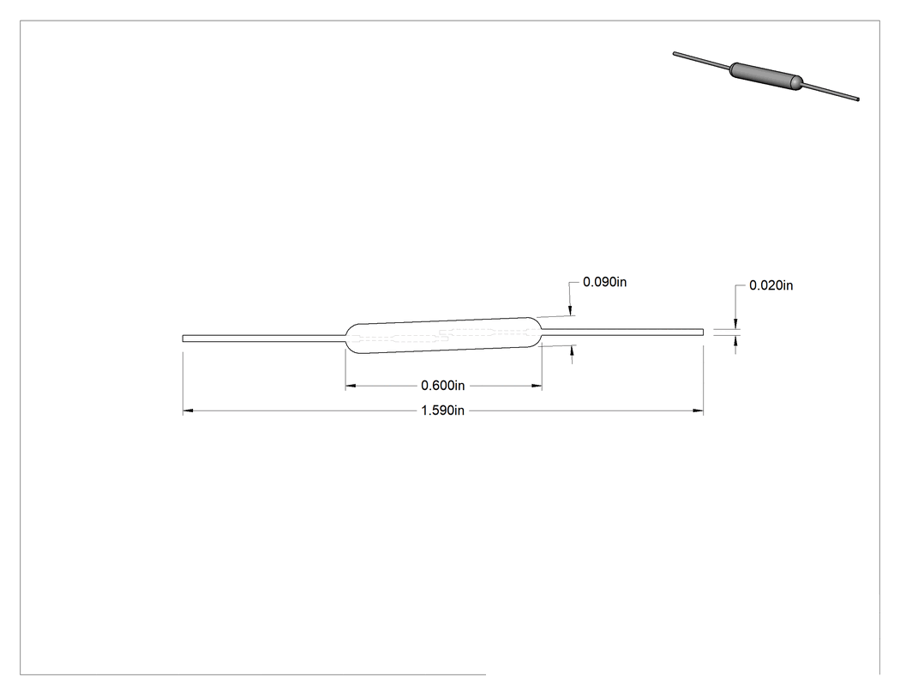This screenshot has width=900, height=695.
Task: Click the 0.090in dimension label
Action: (604, 282)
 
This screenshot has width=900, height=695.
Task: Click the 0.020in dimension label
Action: (771, 285)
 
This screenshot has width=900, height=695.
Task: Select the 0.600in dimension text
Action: (442, 385)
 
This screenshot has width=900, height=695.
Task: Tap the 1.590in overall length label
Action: (442, 410)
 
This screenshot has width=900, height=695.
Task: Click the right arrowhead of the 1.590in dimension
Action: (698, 411)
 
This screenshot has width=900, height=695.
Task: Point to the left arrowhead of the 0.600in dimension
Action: (351, 386)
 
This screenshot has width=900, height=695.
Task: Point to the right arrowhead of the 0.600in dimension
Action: (537, 386)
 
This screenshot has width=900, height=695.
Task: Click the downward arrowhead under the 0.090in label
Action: (571, 310)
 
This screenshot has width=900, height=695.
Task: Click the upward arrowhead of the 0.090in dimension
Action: (572, 350)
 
